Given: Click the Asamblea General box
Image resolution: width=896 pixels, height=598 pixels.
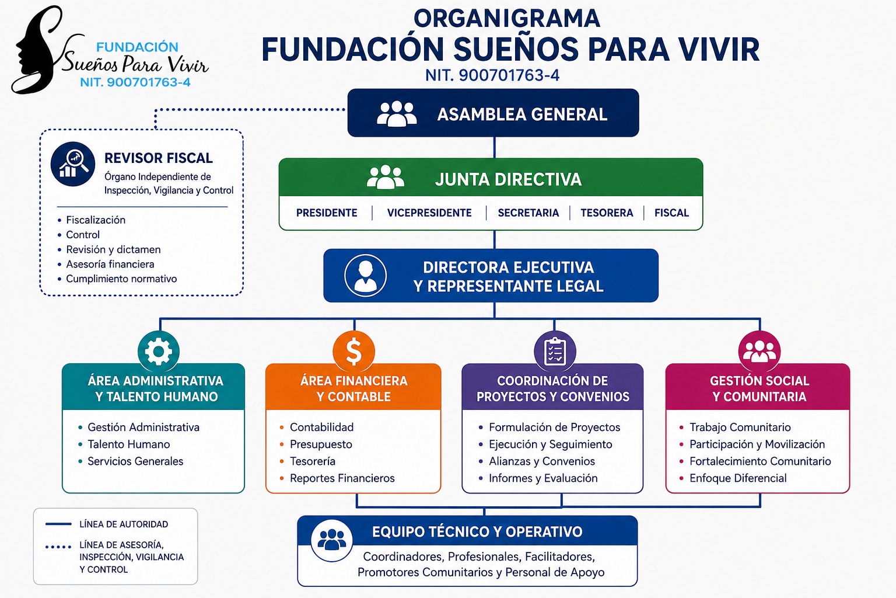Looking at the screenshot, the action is pos(493,113).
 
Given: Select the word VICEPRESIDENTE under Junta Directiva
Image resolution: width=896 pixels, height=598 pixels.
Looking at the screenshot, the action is pos(429,213).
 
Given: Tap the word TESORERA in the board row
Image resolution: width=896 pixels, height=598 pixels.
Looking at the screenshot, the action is pos(607,213).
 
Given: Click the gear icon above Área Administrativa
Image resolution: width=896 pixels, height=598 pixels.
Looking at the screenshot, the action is pos(159,352).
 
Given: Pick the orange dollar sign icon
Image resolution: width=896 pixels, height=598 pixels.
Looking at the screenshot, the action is pos(353,352).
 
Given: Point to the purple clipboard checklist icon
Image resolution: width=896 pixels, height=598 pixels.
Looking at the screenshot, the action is pos(555,352).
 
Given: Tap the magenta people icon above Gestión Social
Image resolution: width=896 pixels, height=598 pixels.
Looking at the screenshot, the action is pos(759,352).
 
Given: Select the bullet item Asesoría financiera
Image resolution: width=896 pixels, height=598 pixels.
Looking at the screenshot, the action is pos(110,265).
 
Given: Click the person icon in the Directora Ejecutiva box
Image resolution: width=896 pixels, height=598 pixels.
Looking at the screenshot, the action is pos(365,276).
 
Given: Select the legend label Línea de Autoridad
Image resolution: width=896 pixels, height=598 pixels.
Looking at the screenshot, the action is pos(124,524).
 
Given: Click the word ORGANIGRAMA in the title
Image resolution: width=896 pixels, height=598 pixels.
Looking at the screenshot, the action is pos(507,19).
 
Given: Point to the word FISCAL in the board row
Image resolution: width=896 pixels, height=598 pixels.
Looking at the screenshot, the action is pos(671,213).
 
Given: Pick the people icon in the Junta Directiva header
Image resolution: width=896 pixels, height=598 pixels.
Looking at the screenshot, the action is pos(385,177).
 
